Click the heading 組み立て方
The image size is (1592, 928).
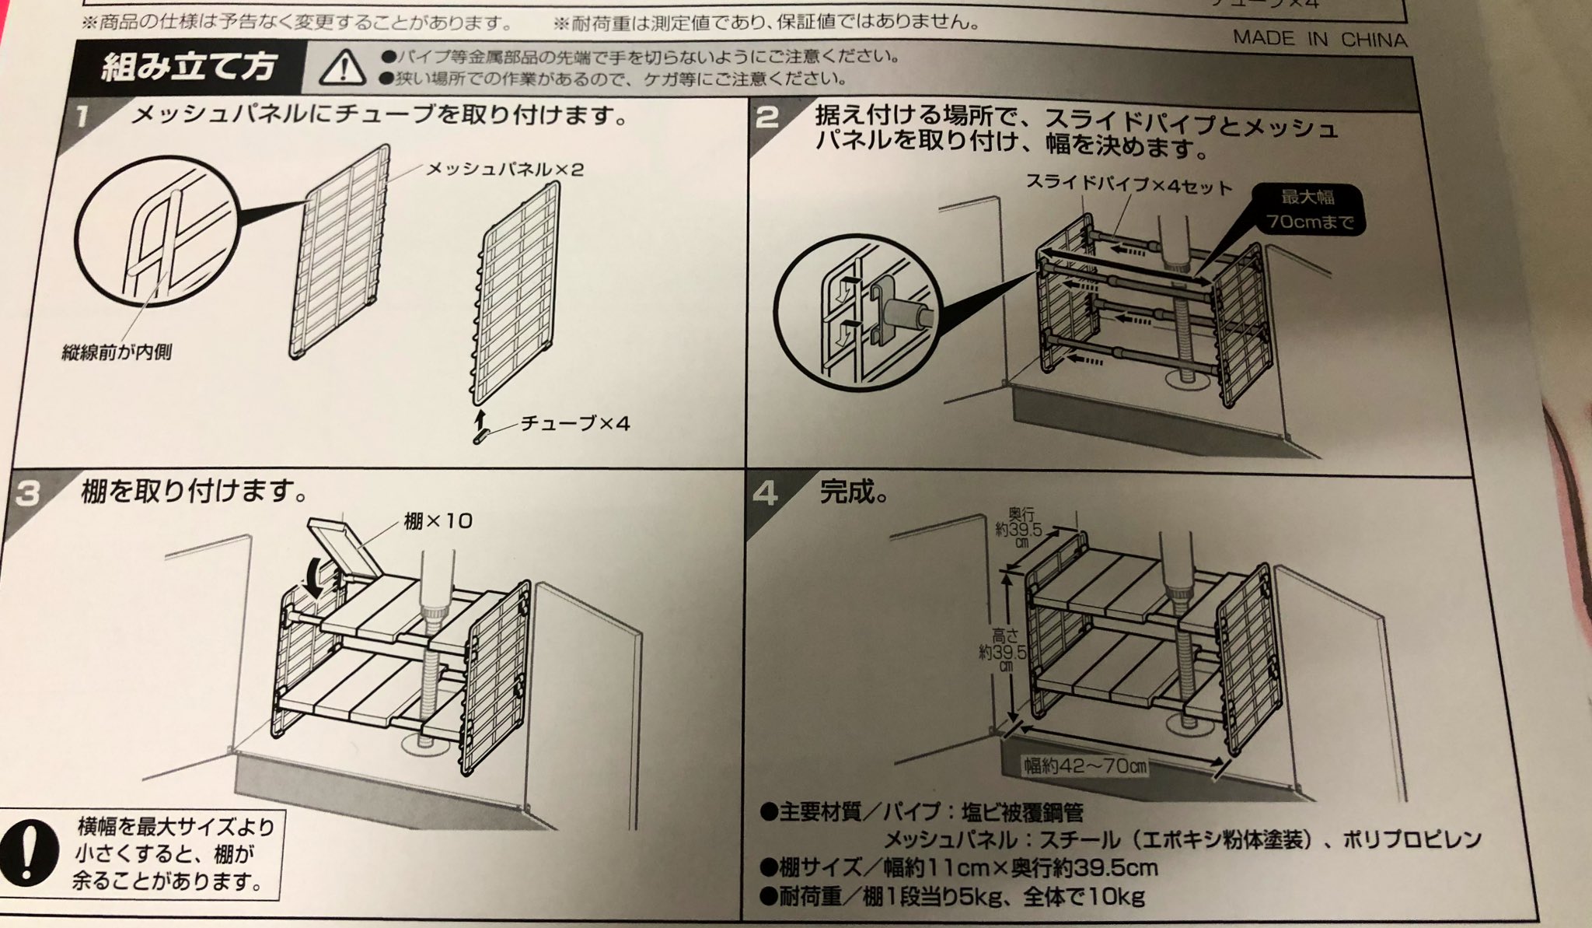[x=189, y=67]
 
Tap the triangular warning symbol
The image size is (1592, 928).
[x=343, y=67]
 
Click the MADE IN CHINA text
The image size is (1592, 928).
[x=1319, y=39]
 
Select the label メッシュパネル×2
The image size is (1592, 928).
[x=504, y=169]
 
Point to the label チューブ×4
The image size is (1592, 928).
[x=574, y=423]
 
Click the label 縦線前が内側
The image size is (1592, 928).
[x=117, y=352]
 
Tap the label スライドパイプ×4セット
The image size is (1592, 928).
[x=1129, y=184]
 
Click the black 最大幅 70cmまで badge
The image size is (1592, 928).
[x=1308, y=208]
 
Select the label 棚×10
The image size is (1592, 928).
[x=438, y=520]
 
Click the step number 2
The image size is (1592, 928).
[x=767, y=118]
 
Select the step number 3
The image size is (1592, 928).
[x=28, y=493]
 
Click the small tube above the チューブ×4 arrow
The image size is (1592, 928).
[x=480, y=437]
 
